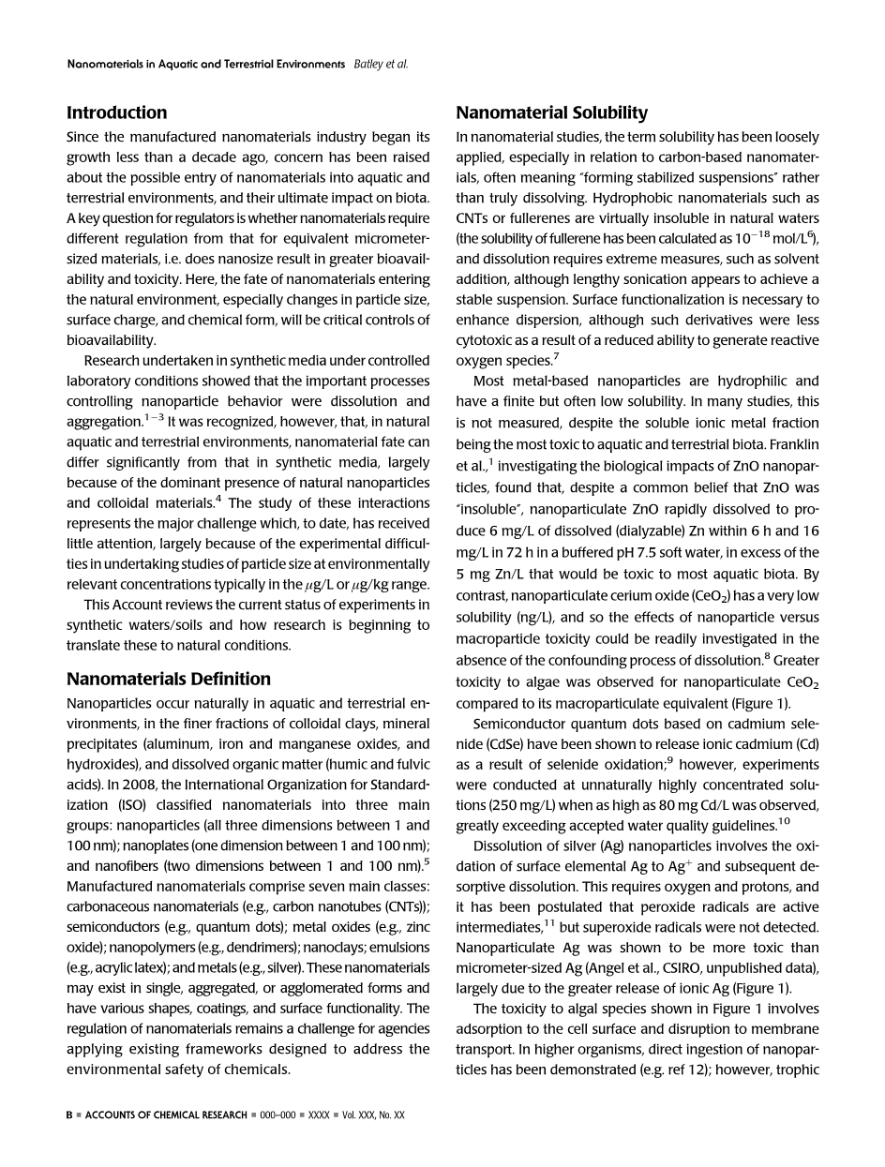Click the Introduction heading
pos(116,112)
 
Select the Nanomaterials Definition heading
pos(169,679)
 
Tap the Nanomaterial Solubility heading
pos(551,112)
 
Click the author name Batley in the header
pos(366,64)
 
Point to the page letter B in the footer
pos(70,1115)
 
